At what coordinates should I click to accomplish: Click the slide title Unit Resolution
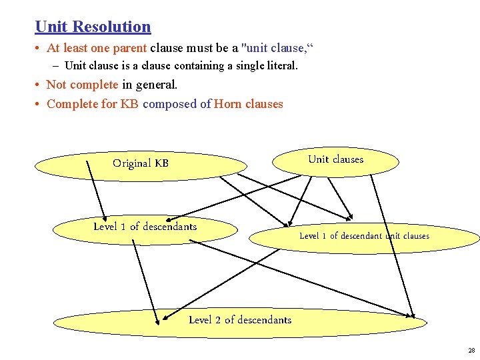(x=93, y=27)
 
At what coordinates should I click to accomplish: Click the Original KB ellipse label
(x=141, y=163)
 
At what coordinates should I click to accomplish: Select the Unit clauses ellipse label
(x=335, y=159)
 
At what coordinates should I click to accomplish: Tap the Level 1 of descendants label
(x=145, y=227)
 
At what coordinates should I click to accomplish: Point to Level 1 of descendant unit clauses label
(x=364, y=236)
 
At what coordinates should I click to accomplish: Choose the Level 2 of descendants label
(x=240, y=320)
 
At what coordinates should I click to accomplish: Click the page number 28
(x=471, y=350)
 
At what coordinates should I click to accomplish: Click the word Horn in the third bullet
(x=228, y=104)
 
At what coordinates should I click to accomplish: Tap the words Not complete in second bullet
(x=82, y=85)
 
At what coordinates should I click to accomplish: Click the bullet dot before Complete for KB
(x=39, y=104)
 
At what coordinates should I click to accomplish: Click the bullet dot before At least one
(x=39, y=48)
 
